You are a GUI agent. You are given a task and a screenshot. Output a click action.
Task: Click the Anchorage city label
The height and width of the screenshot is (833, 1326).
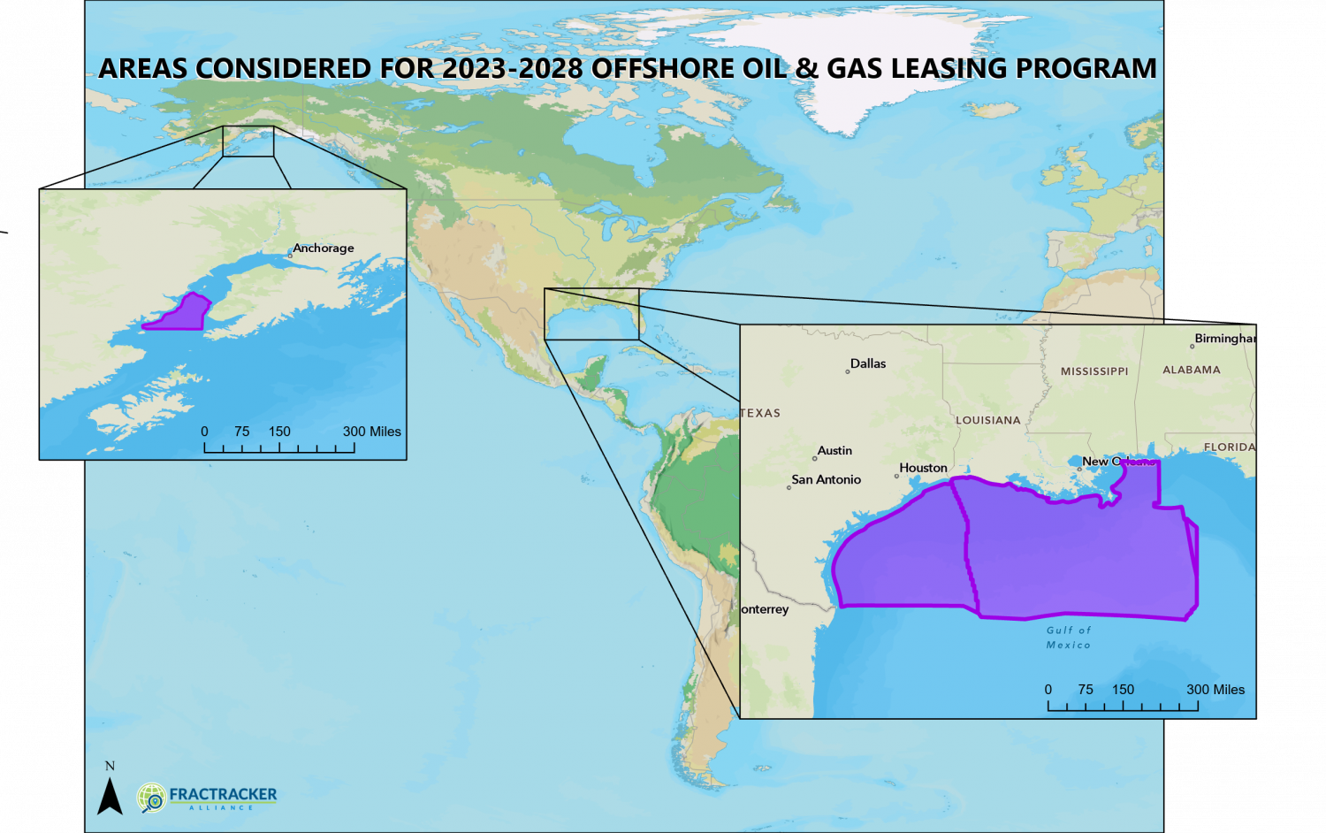[x=324, y=248]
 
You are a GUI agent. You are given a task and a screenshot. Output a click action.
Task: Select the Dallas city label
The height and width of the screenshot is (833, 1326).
[x=867, y=363]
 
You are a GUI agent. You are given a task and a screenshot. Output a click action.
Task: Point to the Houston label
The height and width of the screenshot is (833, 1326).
[x=923, y=468]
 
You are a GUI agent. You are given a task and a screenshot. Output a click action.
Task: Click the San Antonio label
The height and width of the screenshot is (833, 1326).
[x=826, y=479]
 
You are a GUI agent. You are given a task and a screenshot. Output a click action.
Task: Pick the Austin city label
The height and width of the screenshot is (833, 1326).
[x=834, y=451]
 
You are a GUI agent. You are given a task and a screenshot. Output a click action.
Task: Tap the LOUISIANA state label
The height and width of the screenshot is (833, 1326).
[x=987, y=420]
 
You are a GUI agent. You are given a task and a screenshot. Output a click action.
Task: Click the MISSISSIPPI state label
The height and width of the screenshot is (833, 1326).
[x=1094, y=371]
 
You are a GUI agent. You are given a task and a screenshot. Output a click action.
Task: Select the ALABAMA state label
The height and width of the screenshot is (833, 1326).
[x=1191, y=370]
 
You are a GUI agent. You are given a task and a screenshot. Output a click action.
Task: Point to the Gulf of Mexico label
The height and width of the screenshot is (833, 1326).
[x=1068, y=638]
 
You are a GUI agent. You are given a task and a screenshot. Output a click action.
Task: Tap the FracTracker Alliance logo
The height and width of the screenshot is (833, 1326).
[x=208, y=797]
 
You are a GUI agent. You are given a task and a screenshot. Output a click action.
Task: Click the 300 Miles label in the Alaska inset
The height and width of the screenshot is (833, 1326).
[x=371, y=432]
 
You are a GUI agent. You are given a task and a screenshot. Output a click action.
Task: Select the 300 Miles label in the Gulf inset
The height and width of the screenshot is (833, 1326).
[x=1215, y=690]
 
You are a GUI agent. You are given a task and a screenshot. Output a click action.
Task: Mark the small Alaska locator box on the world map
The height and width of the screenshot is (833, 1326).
[x=248, y=141]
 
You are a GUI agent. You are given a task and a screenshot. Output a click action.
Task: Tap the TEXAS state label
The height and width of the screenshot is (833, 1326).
[x=760, y=413]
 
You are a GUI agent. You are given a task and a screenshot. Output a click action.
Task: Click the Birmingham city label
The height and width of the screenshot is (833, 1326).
[x=1223, y=339]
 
